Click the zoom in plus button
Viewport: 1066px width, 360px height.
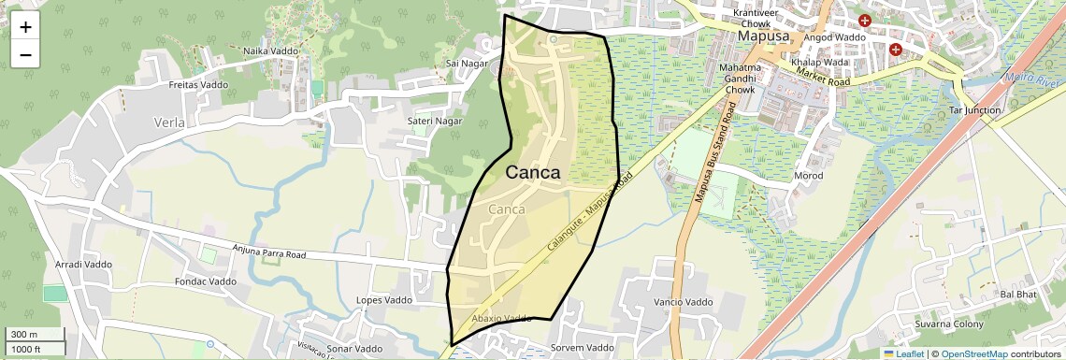(x=25, y=27)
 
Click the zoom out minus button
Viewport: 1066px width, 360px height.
(x=25, y=54)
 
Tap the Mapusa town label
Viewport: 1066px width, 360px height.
(x=764, y=36)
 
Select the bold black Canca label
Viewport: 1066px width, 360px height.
(x=533, y=173)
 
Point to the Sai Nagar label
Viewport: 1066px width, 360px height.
(x=468, y=64)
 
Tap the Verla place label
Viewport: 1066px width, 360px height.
(x=169, y=122)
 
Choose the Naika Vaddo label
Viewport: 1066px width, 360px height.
(x=269, y=51)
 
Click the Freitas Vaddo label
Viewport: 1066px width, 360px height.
(x=198, y=85)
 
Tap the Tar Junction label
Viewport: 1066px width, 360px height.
(x=974, y=110)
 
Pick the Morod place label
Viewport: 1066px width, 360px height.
(x=808, y=176)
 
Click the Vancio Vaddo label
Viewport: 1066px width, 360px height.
(x=684, y=302)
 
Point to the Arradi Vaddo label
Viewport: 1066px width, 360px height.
(x=83, y=265)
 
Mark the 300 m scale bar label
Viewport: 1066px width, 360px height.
(x=24, y=335)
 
